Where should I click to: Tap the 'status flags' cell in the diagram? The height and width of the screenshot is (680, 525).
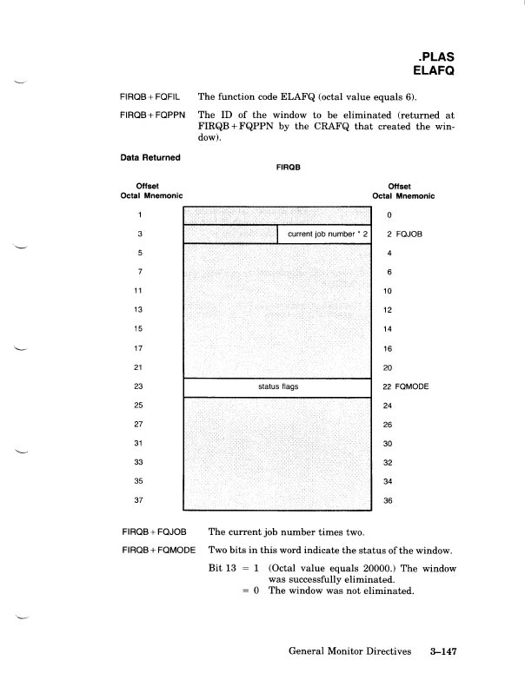pos(279,386)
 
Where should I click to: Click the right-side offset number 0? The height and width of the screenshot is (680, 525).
pos(389,215)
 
